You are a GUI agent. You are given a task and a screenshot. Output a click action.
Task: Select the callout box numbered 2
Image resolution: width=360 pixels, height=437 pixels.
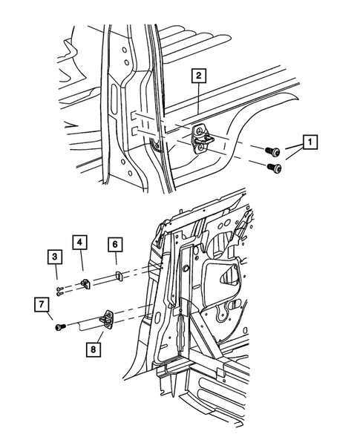(x=198, y=75)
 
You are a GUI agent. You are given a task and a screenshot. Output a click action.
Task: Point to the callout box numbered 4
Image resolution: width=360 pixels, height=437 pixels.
(x=79, y=242)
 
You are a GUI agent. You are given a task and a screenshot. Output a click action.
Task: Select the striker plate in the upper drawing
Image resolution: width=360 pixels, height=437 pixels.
(x=204, y=138)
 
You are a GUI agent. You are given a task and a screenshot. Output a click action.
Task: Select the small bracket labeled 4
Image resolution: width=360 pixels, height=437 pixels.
(x=86, y=283)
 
